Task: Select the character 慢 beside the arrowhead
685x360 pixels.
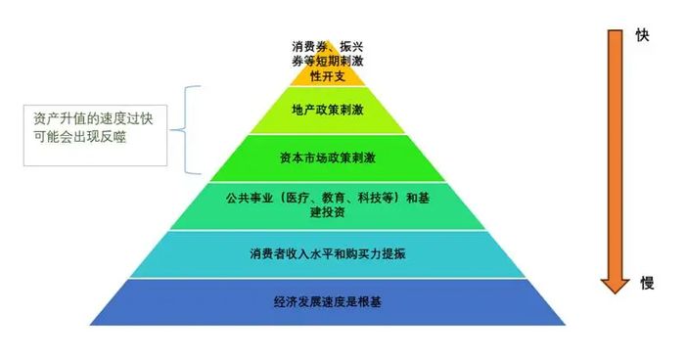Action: (647, 283)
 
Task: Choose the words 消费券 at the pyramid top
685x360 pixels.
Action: (308, 46)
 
